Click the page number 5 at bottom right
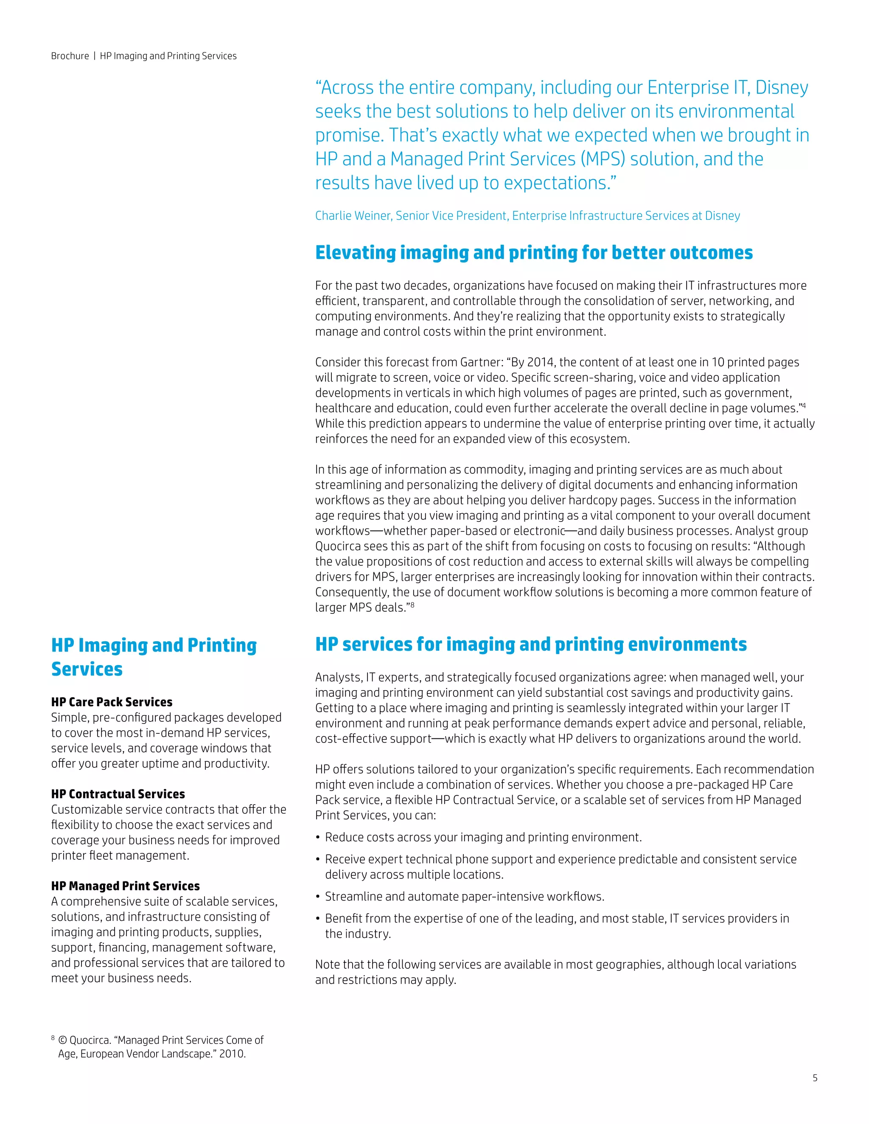pyautogui.click(x=814, y=1078)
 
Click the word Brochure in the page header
pyautogui.click(x=70, y=56)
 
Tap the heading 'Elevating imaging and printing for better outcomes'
pyautogui.click(x=534, y=253)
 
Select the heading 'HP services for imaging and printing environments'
pyautogui.click(x=531, y=644)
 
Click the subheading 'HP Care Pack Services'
pyautogui.click(x=112, y=702)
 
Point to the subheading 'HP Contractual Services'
pyautogui.click(x=118, y=794)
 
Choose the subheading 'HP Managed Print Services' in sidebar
pyautogui.click(x=125, y=886)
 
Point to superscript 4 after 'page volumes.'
pyautogui.click(x=804, y=405)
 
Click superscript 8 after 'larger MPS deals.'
pyautogui.click(x=412, y=605)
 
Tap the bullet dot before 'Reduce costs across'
pyautogui.click(x=318, y=838)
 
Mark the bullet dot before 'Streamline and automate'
pyautogui.click(x=318, y=897)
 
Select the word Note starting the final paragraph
pyautogui.click(x=328, y=965)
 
